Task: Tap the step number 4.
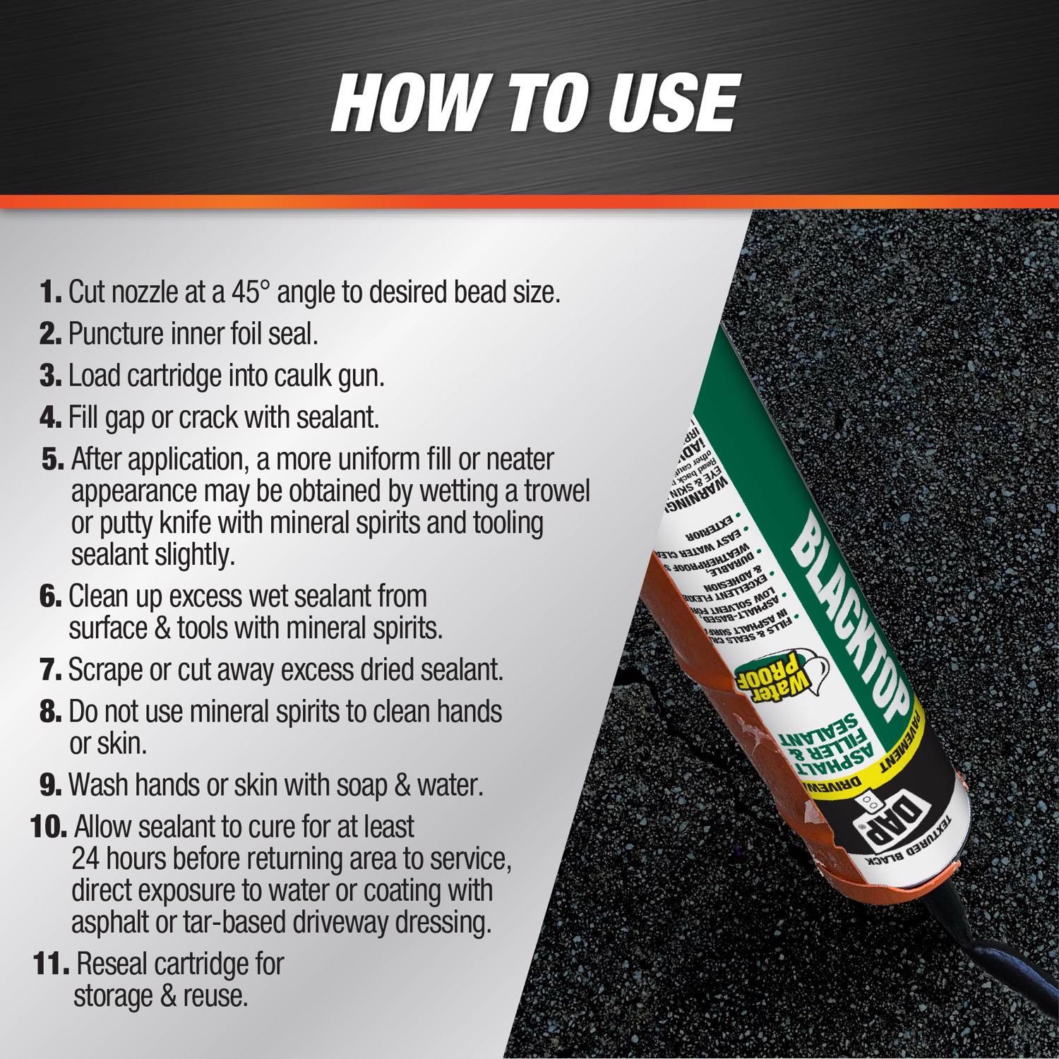[52, 417]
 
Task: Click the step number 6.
[52, 596]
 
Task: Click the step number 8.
[52, 712]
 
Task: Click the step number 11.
[51, 964]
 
